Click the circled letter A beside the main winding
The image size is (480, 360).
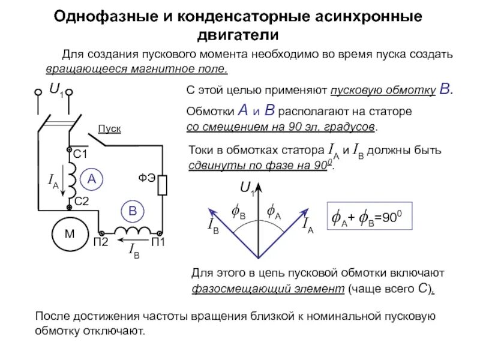pos(92,179)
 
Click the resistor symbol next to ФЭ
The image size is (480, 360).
pos(163,185)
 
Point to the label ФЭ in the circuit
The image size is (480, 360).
pos(148,178)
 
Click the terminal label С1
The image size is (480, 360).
pos(80,155)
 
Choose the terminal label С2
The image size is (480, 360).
pos(81,201)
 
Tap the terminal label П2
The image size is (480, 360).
pos(100,242)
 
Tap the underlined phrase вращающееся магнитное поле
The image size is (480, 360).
pos(137,68)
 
